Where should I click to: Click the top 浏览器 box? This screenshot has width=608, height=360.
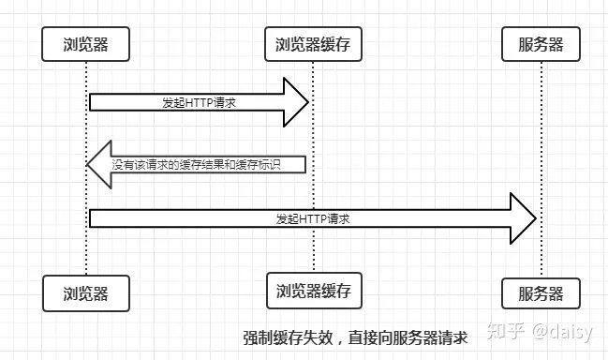pos(86,44)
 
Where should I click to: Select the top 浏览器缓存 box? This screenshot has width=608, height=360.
pos(313,44)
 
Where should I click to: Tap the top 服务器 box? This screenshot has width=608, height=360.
pos(541,44)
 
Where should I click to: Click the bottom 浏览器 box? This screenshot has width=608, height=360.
pos(86,293)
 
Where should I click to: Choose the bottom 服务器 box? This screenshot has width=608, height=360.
pos(541,293)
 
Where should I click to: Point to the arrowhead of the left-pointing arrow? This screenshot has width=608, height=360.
pos(99,164)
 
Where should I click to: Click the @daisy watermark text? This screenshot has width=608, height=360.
pos(566,330)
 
